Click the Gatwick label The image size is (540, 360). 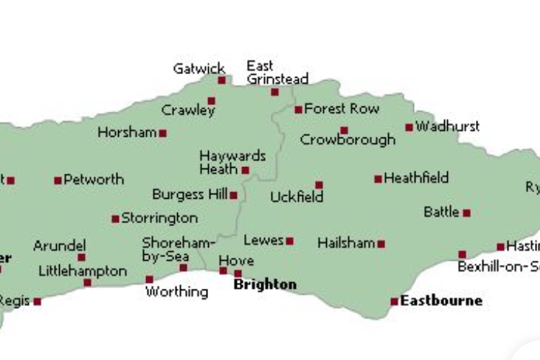[x=199, y=69]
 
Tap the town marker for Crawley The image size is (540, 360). [x=211, y=101]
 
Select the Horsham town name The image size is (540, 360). [x=127, y=132]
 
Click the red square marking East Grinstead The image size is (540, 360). [x=274, y=92]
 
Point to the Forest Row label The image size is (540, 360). [x=341, y=109]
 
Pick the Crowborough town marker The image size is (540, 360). [x=344, y=130]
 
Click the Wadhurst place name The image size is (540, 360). [x=447, y=126]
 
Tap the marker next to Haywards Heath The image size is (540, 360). [x=246, y=171]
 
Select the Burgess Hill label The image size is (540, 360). [x=189, y=194]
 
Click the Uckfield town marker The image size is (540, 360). [x=319, y=185]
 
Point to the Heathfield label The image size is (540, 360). [x=416, y=177]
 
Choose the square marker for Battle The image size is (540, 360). [x=467, y=213]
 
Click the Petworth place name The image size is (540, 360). [x=94, y=179]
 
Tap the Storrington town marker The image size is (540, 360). [x=115, y=219]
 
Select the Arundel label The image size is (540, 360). [x=59, y=246]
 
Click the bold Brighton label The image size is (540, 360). [x=265, y=284]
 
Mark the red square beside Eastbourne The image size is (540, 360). [x=395, y=302]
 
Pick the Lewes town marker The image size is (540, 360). [x=289, y=241]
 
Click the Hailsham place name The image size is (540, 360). [x=346, y=243]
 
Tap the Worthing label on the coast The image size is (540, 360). [x=176, y=292]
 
